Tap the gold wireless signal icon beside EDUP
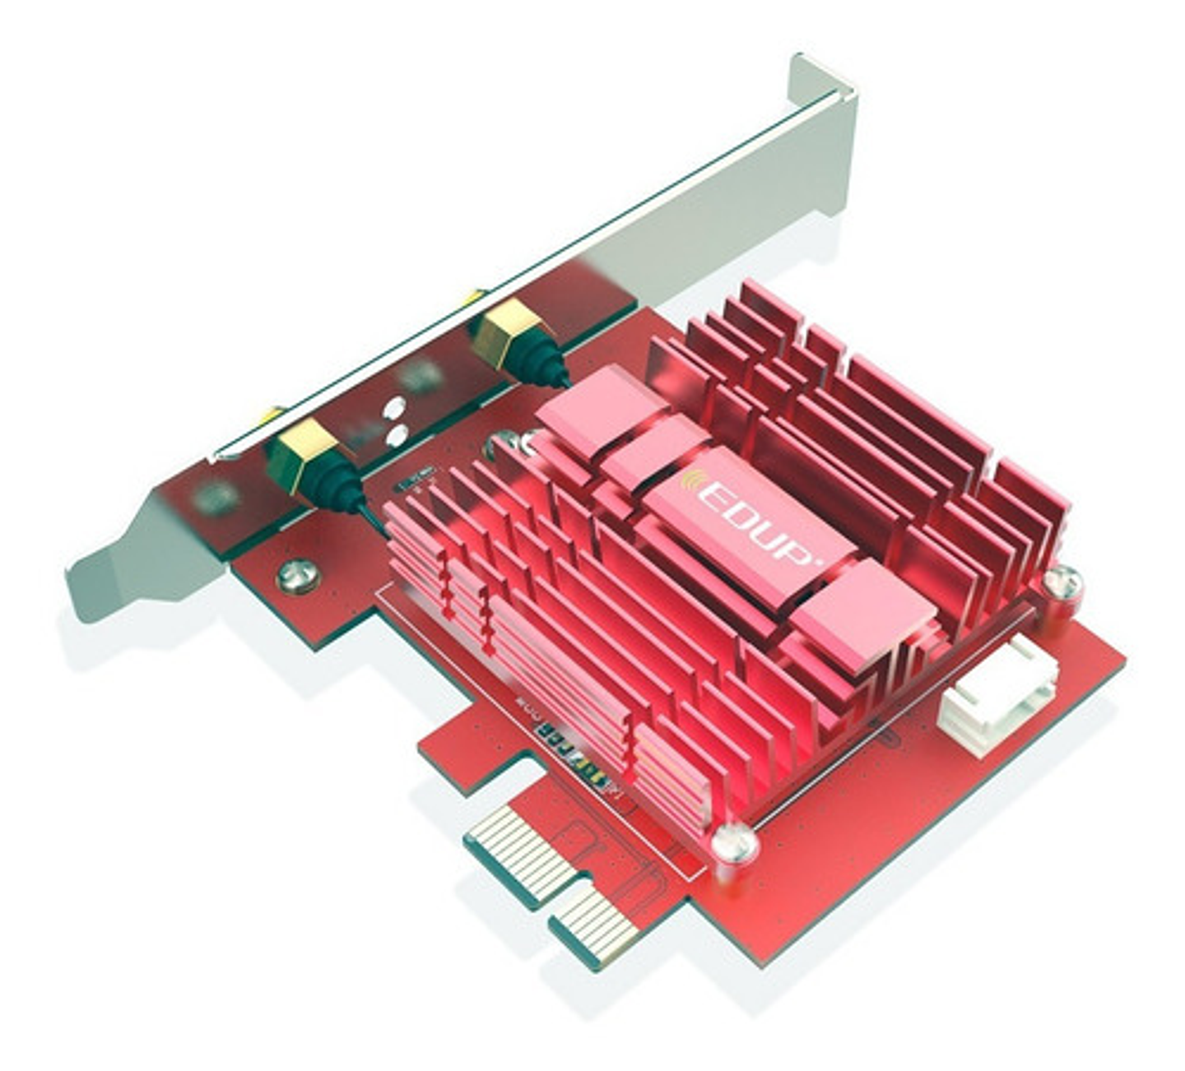pos(694,481)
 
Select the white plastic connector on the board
pos(998,695)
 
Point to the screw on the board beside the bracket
pos(298,575)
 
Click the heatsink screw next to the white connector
pos(1062,582)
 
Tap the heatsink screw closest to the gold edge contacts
pos(733,842)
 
